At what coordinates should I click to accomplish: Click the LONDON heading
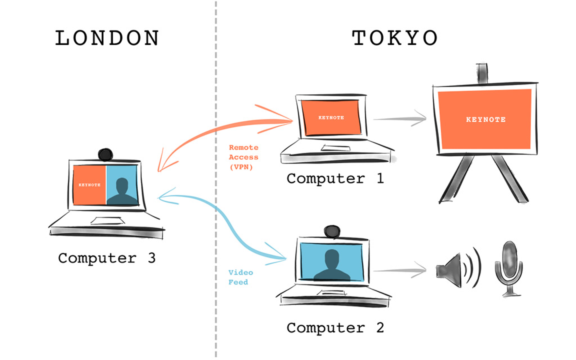(x=107, y=38)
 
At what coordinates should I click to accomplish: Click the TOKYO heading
(x=394, y=38)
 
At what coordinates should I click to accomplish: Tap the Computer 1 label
(x=335, y=178)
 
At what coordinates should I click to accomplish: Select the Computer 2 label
(x=335, y=328)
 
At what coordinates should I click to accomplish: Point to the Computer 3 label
(x=106, y=258)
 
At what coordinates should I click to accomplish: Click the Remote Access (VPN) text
(x=243, y=157)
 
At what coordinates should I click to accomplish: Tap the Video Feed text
(x=240, y=277)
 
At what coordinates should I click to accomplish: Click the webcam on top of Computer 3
(x=106, y=154)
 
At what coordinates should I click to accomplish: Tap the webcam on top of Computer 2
(x=332, y=231)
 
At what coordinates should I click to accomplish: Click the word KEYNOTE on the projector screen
(x=486, y=120)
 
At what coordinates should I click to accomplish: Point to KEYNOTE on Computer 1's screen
(x=331, y=118)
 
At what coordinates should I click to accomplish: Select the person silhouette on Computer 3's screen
(x=122, y=191)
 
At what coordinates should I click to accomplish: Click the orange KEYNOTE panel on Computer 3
(x=90, y=185)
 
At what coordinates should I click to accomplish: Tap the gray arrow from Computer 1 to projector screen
(x=400, y=118)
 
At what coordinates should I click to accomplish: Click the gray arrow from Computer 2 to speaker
(x=400, y=270)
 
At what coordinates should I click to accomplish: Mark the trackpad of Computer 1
(x=336, y=148)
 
